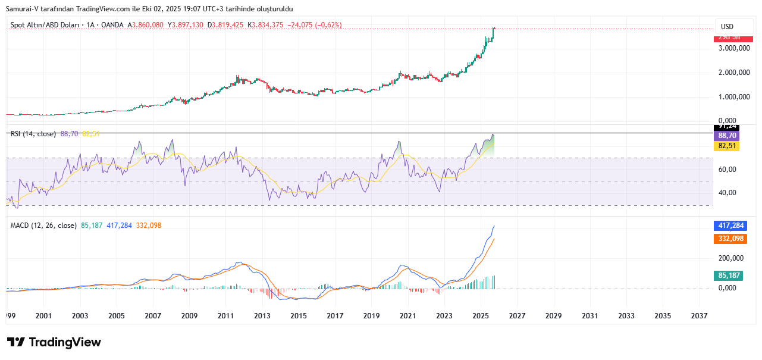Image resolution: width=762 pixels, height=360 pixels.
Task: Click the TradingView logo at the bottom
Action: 54,342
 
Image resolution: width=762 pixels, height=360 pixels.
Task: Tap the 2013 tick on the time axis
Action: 262,316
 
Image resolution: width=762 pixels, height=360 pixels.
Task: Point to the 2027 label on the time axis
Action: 517,316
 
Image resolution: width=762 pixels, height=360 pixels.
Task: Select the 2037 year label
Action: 700,316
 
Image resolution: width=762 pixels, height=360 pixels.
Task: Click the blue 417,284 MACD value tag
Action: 731,226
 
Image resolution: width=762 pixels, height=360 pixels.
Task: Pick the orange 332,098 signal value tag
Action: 731,239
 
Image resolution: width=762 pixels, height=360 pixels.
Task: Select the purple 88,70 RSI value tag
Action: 727,136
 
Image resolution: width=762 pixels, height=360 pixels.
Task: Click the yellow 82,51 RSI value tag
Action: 727,145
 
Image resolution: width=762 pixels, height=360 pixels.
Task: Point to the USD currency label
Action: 727,27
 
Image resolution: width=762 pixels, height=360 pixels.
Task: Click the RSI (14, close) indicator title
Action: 34,134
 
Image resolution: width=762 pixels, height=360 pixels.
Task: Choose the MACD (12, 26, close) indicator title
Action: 43,226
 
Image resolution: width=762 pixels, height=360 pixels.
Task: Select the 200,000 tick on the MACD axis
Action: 730,258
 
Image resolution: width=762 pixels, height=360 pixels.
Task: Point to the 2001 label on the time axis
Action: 43,316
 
